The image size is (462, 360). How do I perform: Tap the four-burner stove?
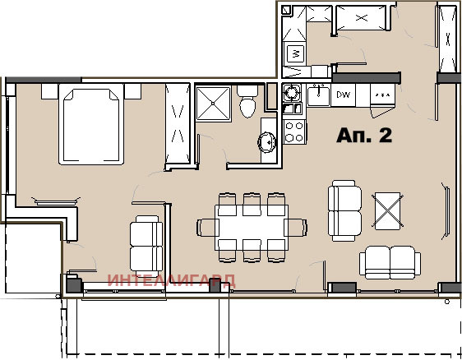click(x=293, y=131)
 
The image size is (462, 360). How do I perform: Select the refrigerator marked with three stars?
click(x=381, y=95)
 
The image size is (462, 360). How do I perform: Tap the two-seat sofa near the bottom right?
click(x=390, y=262)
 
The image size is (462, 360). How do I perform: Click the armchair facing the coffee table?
click(x=344, y=209)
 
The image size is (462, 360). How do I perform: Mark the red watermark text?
click(x=170, y=280)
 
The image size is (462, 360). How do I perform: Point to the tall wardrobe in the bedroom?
click(x=178, y=124)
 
